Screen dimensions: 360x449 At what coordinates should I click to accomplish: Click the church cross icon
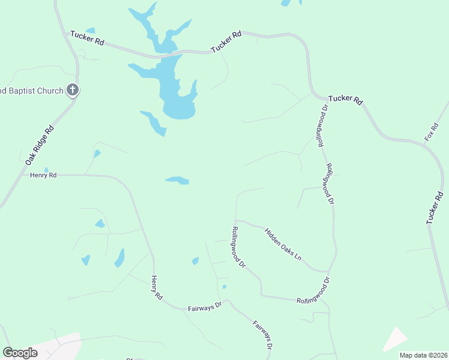[72, 91]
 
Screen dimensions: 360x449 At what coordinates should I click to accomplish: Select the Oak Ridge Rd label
[40, 145]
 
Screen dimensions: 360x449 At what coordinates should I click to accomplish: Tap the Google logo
[20, 353]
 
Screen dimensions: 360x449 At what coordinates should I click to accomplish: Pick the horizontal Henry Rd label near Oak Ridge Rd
[43, 175]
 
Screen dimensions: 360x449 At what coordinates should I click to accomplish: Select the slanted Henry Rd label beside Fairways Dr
[157, 287]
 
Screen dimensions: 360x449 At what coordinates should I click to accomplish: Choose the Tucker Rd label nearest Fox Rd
[346, 100]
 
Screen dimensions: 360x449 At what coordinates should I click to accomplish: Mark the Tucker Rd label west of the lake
[87, 38]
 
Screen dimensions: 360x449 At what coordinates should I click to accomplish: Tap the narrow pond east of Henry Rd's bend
[177, 180]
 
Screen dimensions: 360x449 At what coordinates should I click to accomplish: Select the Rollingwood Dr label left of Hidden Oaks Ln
[238, 246]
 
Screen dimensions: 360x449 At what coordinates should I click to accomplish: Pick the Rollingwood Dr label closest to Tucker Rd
[324, 126]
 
